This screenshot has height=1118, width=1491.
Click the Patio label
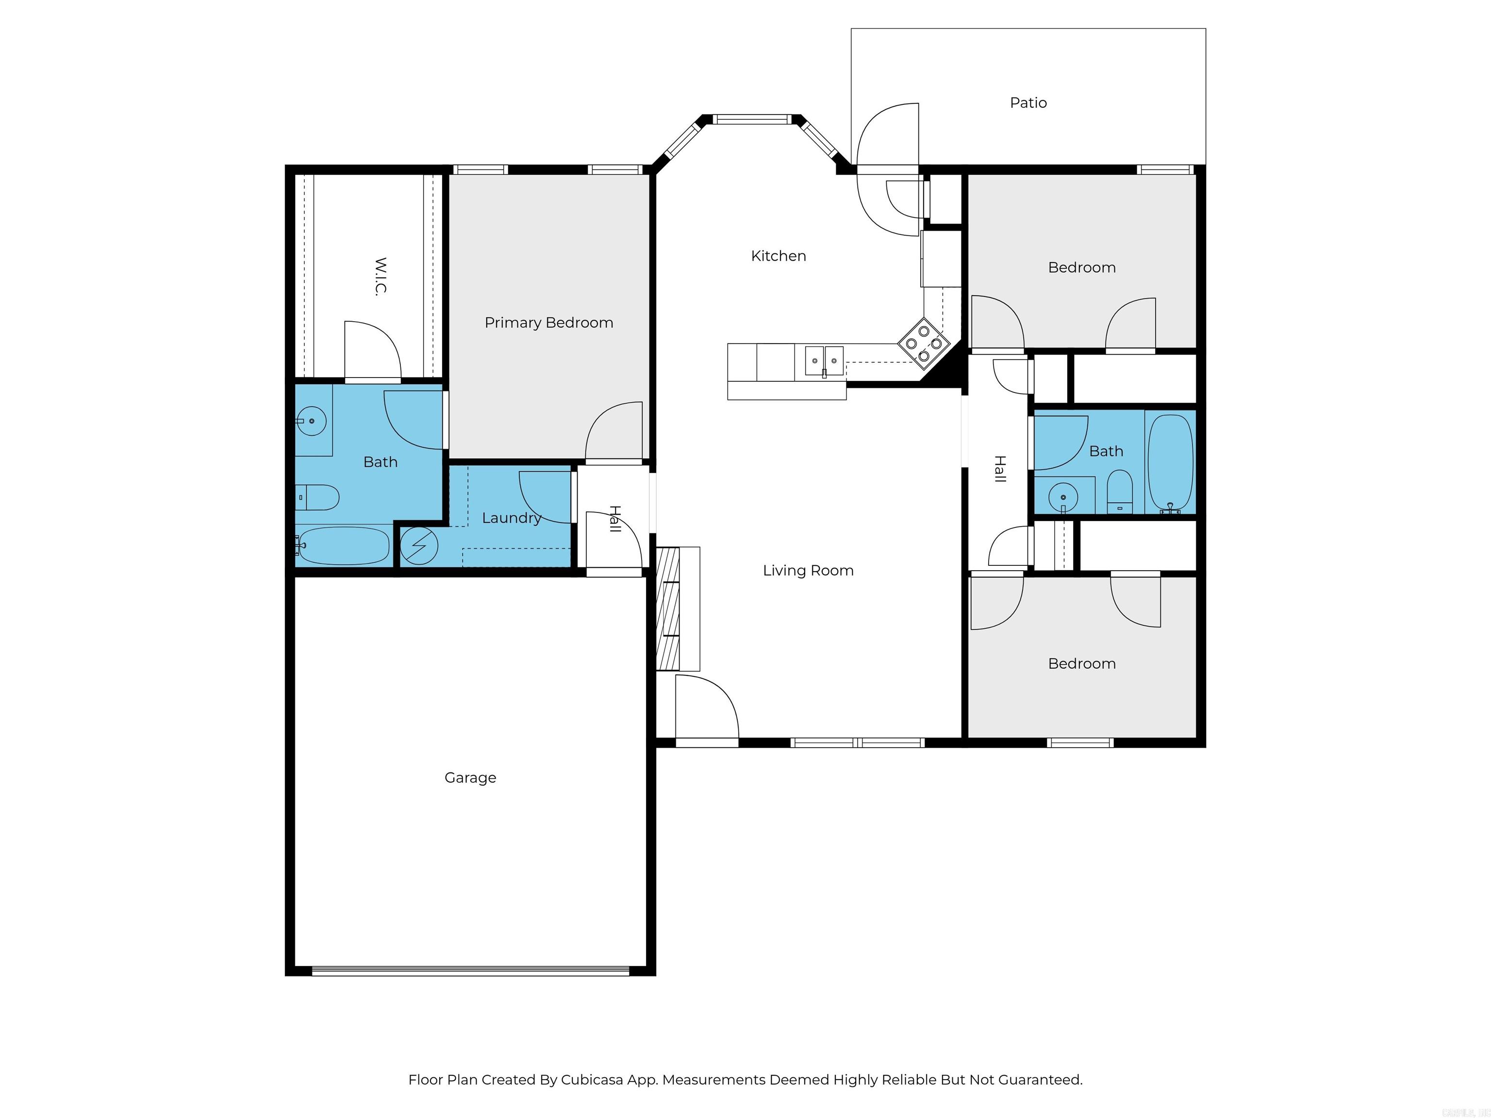[1028, 103]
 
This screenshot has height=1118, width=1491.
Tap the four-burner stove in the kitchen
[924, 344]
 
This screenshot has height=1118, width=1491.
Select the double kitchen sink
[824, 361]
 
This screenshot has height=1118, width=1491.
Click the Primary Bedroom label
[548, 323]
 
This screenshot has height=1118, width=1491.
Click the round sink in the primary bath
[312, 421]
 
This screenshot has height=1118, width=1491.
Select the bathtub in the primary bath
[344, 546]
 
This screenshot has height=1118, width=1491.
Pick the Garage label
[470, 778]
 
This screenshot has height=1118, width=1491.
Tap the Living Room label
[808, 571]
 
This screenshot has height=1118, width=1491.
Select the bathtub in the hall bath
[1170, 462]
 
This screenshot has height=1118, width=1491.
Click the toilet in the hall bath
[1120, 492]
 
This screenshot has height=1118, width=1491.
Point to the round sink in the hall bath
[1063, 498]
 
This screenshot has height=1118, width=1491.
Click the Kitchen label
[779, 256]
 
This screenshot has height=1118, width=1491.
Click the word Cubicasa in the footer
[591, 1080]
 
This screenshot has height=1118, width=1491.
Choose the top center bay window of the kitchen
[751, 120]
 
